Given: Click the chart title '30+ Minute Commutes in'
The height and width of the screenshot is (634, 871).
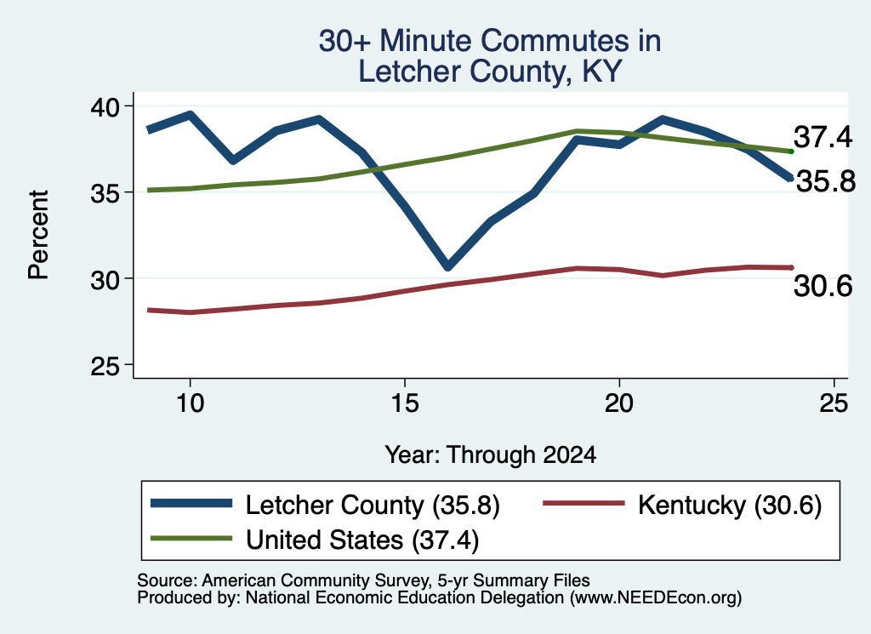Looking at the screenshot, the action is (x=489, y=41).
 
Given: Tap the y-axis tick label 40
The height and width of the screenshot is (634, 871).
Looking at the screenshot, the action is (x=105, y=106).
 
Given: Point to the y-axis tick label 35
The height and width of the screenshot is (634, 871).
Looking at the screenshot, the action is (x=105, y=193).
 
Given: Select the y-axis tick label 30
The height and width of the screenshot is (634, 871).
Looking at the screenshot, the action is (x=105, y=279).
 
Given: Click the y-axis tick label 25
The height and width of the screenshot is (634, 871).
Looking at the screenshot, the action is (x=105, y=366).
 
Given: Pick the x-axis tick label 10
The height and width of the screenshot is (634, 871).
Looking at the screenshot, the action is (x=191, y=403).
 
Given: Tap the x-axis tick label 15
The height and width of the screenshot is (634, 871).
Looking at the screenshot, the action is (x=405, y=403).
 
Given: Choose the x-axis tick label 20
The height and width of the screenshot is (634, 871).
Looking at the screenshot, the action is (x=619, y=403).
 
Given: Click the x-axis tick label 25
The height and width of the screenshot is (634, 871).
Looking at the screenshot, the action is (x=834, y=403).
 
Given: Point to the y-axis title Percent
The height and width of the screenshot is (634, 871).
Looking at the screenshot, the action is (x=38, y=235).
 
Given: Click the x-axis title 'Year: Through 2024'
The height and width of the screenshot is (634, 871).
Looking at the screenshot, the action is (x=491, y=454).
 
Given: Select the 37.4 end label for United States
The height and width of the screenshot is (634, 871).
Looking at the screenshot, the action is (x=823, y=137).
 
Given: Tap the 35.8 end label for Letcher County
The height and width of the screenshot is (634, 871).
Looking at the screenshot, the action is (x=826, y=181).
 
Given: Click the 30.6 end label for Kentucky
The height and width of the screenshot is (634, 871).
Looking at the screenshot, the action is (x=823, y=286).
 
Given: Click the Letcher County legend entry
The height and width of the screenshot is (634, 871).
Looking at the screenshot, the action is (x=326, y=505).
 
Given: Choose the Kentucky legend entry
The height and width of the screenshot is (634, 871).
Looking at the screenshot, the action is (x=682, y=505).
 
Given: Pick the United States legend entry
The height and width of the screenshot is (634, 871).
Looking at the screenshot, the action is (x=315, y=540).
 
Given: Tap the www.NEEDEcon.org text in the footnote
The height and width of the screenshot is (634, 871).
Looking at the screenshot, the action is (x=656, y=597).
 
